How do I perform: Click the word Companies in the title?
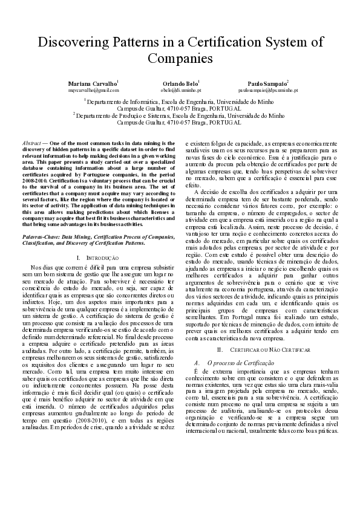180,59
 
